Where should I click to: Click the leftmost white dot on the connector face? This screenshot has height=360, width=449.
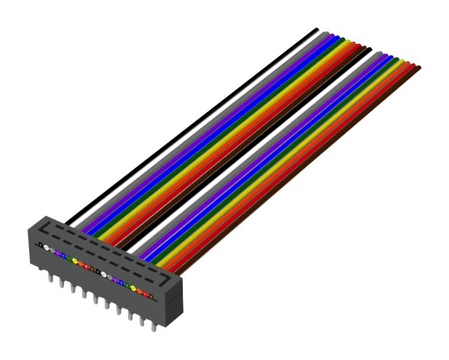click(x=46, y=248)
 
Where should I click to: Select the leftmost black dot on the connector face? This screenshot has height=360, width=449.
click(x=40, y=245)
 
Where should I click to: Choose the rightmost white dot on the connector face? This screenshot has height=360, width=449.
click(x=104, y=274)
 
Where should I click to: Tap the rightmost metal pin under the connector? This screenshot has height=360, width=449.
click(x=154, y=327)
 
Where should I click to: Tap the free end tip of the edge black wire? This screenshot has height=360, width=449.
click(x=316, y=29)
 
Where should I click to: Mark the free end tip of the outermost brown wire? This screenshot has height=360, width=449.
click(x=418, y=68)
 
